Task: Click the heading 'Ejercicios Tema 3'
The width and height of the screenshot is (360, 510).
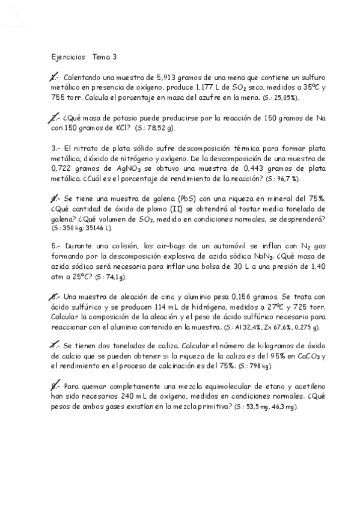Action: click(84, 57)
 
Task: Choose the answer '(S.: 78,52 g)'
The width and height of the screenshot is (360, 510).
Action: click(155, 128)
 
